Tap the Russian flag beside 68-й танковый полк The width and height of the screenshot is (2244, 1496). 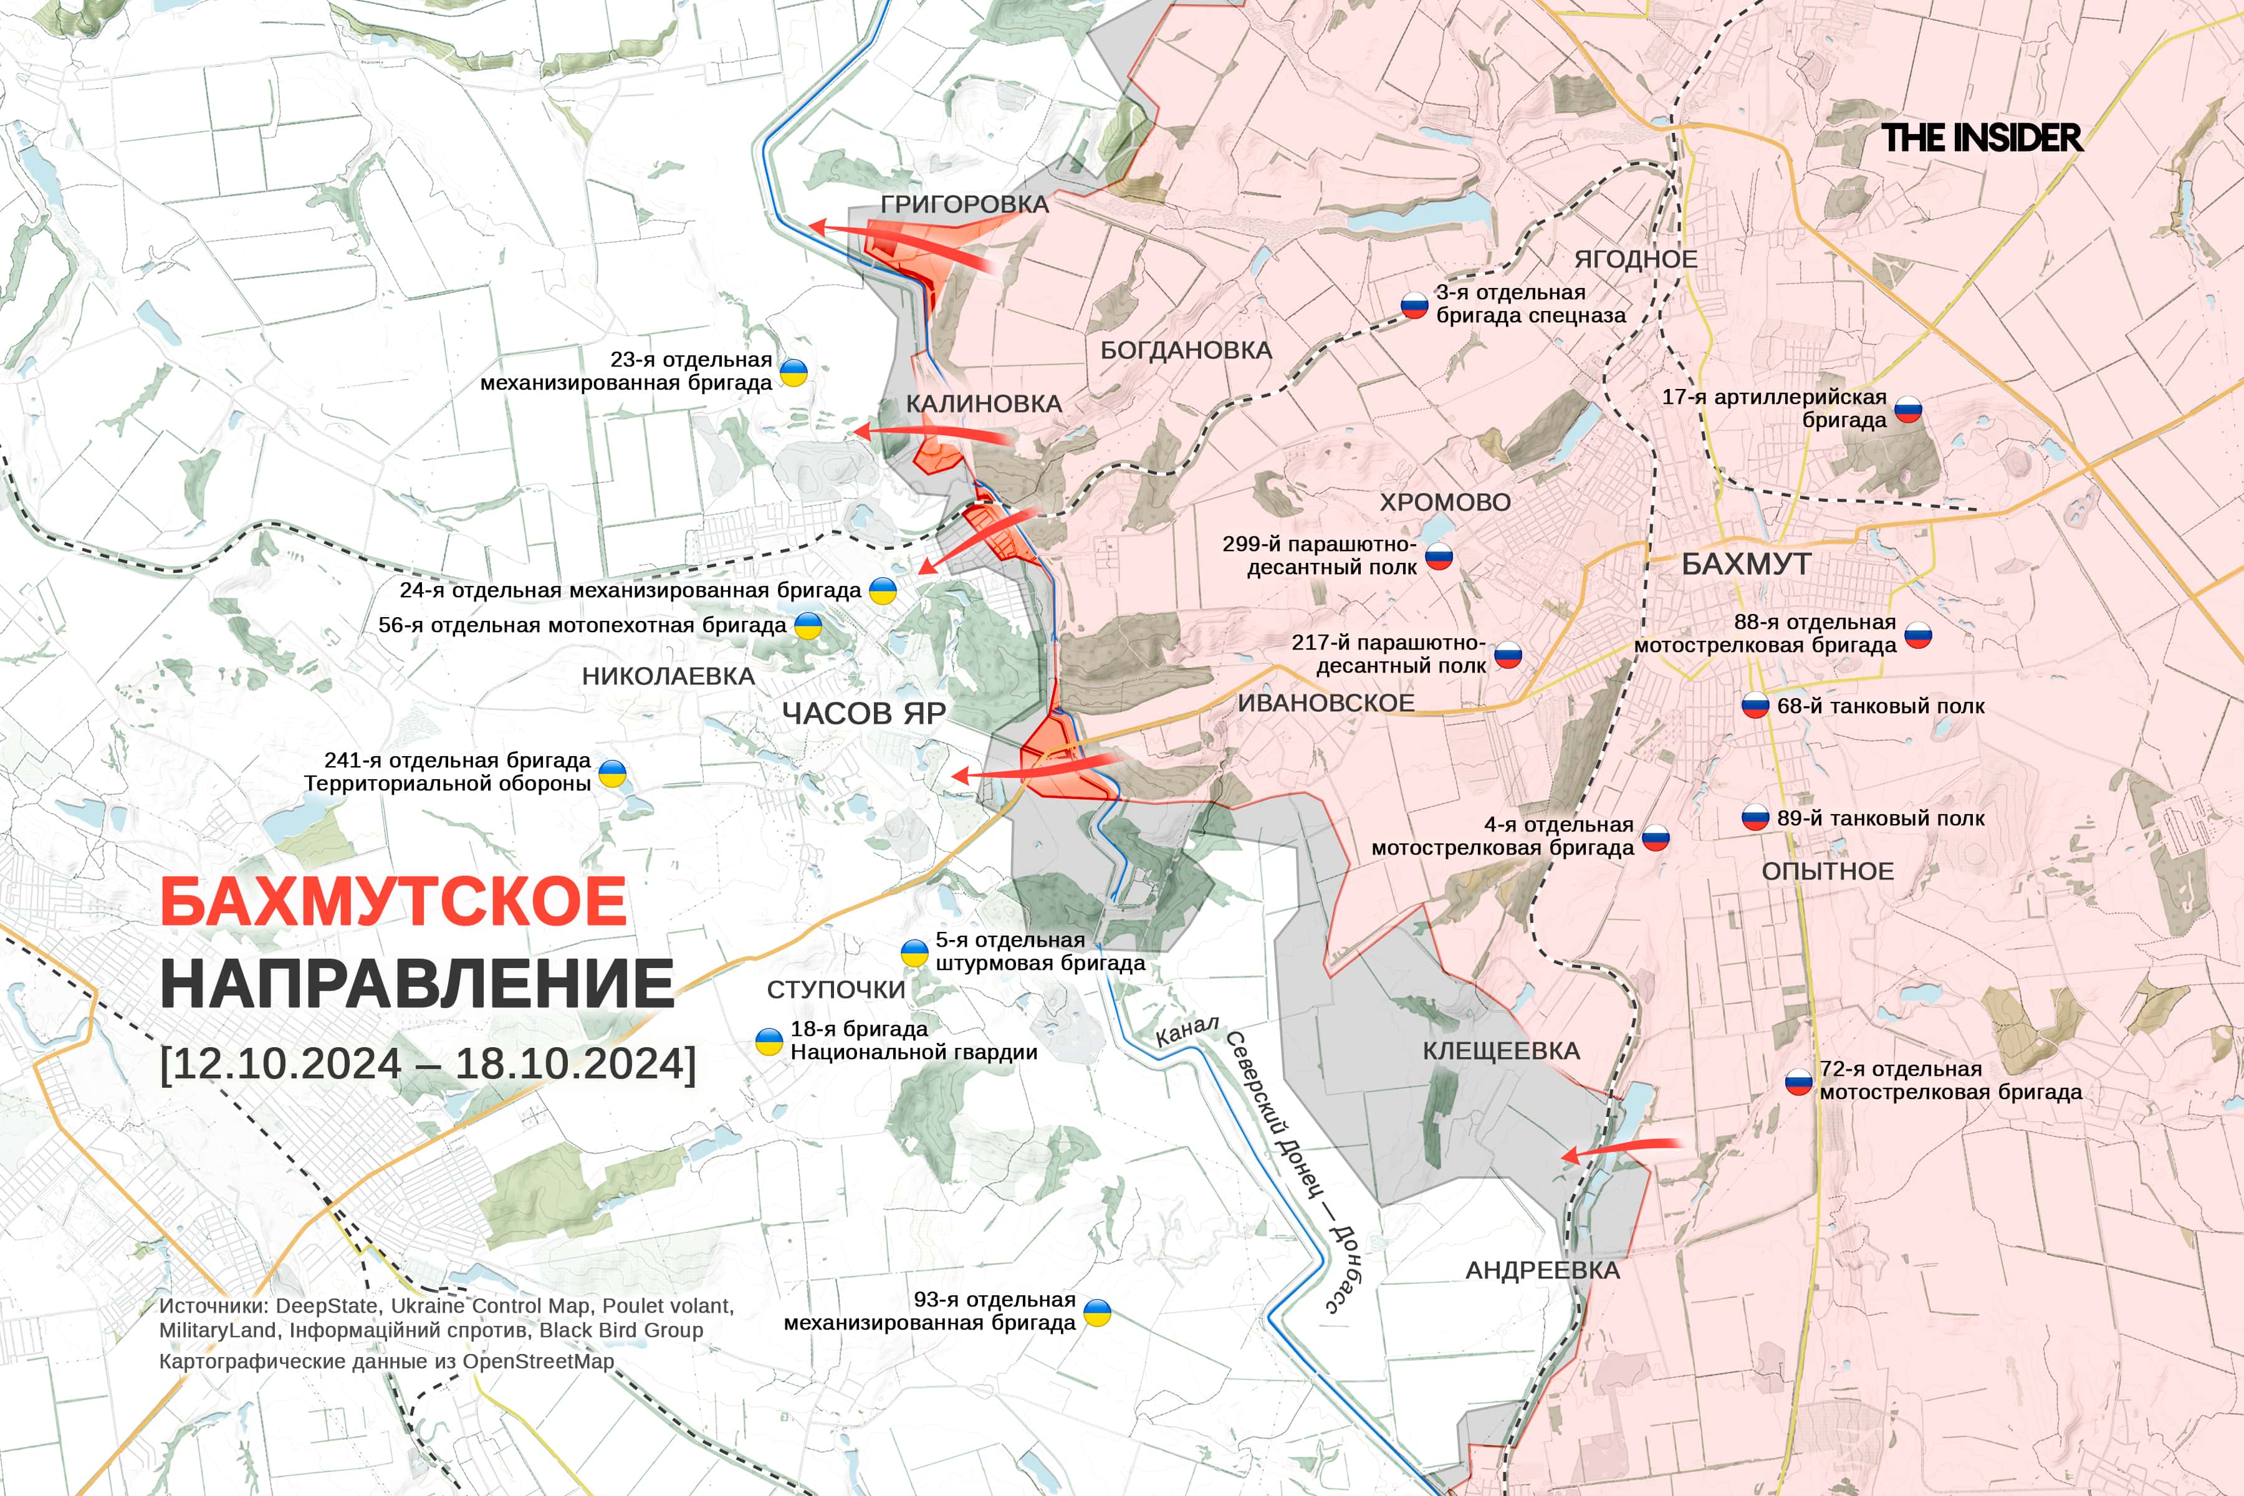1755,706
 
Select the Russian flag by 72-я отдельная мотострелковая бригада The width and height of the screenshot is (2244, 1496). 1798,1082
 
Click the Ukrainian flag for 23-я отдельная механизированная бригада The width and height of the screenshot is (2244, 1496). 794,372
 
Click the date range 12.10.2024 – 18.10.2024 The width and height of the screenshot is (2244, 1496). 428,1063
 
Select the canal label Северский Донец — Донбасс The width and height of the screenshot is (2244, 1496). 1293,1174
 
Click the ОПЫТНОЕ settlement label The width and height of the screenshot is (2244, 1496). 1827,871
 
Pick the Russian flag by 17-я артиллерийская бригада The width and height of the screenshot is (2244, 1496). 1908,410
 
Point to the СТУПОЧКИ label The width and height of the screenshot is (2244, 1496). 836,990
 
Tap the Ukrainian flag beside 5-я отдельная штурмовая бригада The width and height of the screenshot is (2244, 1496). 914,952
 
